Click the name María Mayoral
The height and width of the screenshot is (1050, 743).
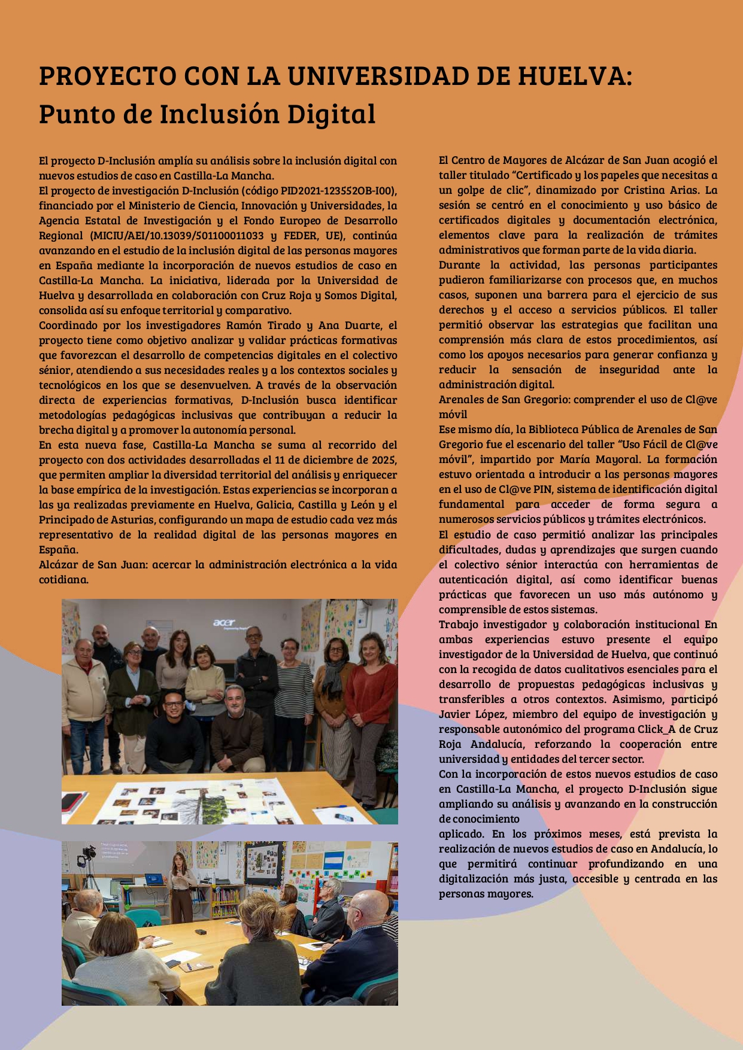(599, 459)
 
